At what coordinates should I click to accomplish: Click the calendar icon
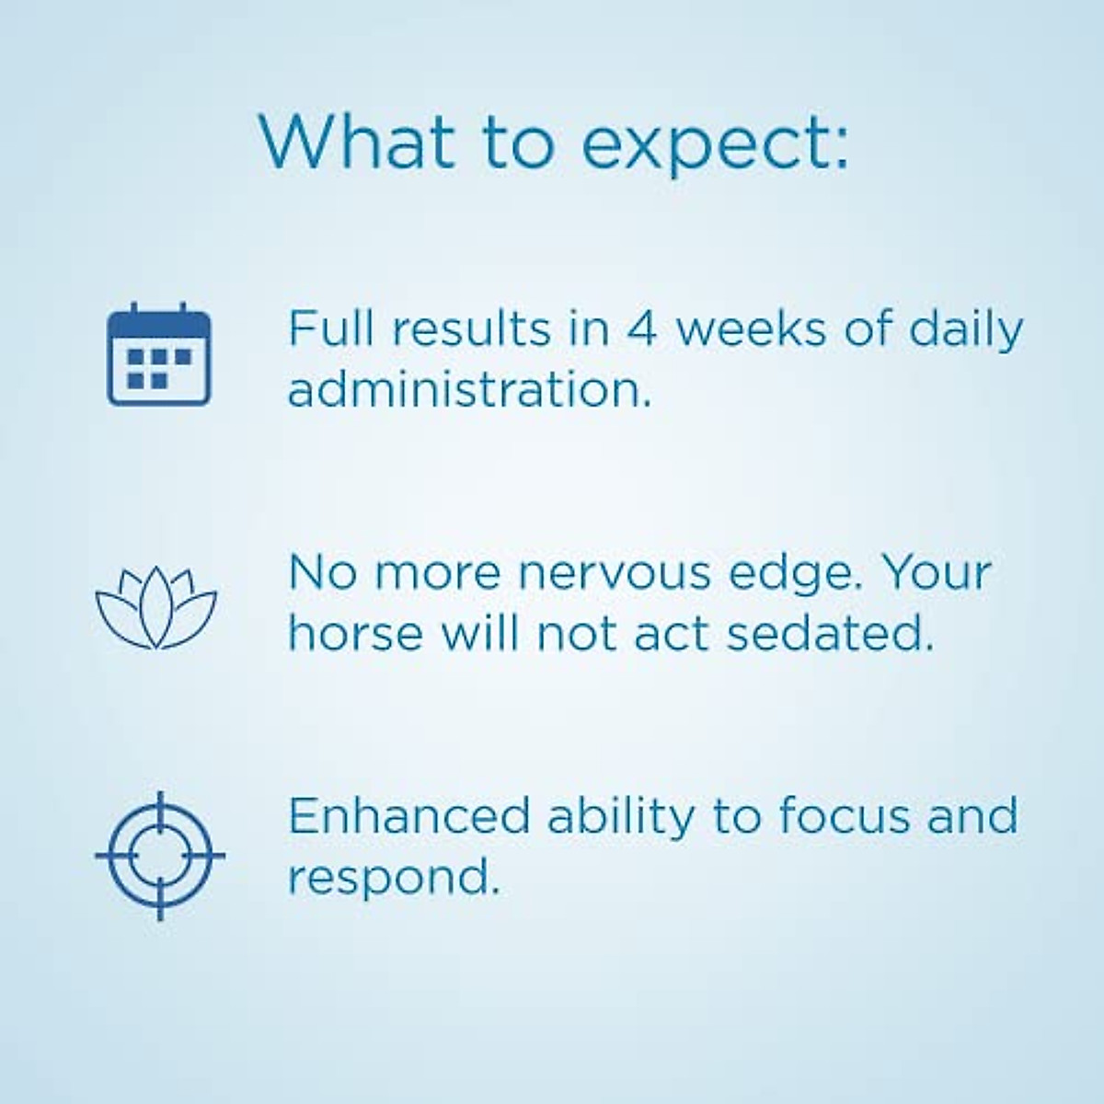(x=159, y=354)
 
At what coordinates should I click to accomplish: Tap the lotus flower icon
(x=155, y=608)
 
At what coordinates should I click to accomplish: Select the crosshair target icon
(x=160, y=856)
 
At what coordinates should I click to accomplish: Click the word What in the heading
(x=357, y=141)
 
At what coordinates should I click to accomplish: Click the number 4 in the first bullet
(x=641, y=328)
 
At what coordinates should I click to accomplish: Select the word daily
(x=965, y=332)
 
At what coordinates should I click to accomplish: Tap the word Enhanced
(x=409, y=815)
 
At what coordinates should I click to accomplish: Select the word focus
(x=844, y=815)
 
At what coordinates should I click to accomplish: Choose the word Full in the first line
(x=331, y=328)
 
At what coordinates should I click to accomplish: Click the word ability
(x=621, y=820)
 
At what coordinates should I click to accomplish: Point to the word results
(x=471, y=328)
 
